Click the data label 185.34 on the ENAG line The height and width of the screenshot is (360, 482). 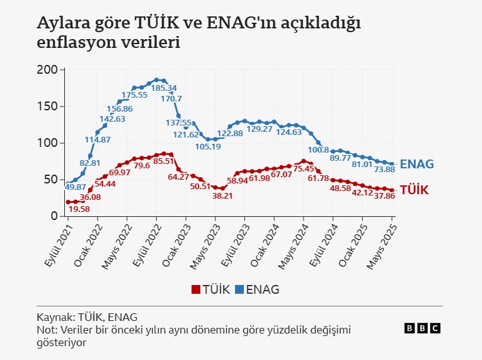pyautogui.click(x=164, y=88)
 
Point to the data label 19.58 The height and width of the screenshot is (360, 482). pyautogui.click(x=79, y=209)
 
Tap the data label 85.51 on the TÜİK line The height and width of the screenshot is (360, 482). pyautogui.click(x=163, y=161)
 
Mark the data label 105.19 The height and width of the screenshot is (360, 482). pyautogui.click(x=208, y=147)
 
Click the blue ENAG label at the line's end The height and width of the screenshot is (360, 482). pyautogui.click(x=416, y=164)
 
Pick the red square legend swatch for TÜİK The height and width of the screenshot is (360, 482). pyautogui.click(x=195, y=290)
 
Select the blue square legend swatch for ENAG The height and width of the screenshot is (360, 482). pyautogui.click(x=239, y=290)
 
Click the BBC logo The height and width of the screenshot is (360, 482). pyautogui.click(x=422, y=328)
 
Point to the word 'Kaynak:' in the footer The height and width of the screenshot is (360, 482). pyautogui.click(x=55, y=317)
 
